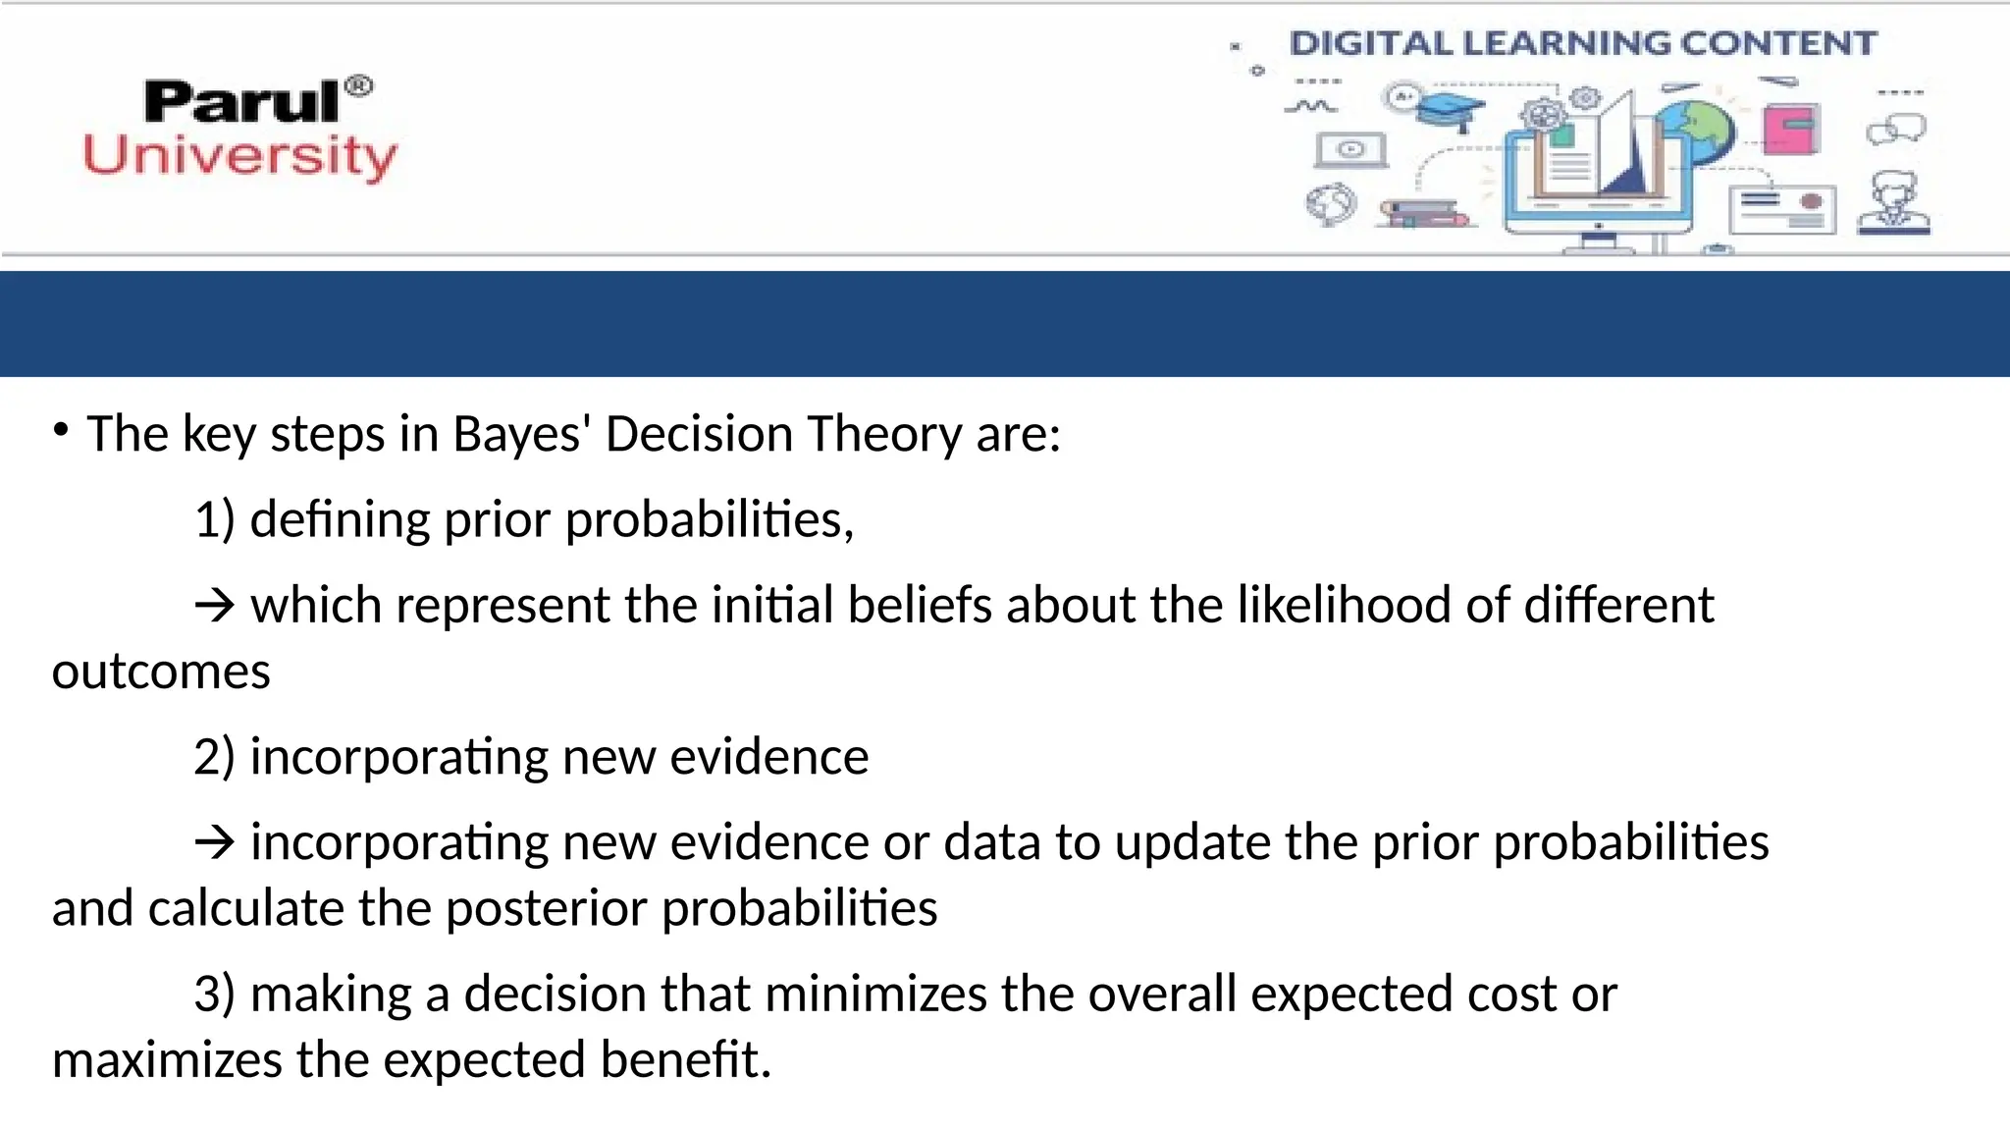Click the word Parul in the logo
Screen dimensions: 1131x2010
tap(241, 102)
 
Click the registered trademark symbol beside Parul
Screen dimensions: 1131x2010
tap(360, 86)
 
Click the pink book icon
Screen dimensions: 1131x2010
tap(1791, 129)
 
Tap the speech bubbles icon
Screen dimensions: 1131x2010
tap(1896, 129)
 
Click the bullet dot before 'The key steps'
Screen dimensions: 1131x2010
tap(61, 430)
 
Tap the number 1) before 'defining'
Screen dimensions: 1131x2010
tap(215, 519)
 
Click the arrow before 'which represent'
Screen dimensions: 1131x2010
tap(215, 605)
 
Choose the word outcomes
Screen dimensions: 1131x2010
tap(161, 672)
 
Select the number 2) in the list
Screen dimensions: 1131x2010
tap(215, 757)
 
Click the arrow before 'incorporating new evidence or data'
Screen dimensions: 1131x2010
tap(215, 842)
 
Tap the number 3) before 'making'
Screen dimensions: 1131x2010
tap(215, 994)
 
